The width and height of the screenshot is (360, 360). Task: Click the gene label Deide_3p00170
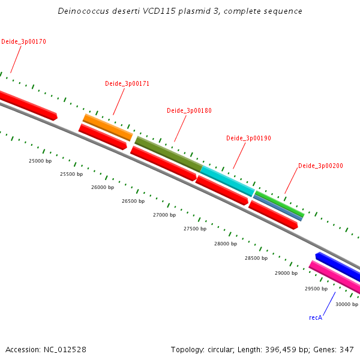(23, 42)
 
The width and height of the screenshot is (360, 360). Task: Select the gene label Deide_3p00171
(127, 84)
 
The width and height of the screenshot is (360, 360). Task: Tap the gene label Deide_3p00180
(189, 111)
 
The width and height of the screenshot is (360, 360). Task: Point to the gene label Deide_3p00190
(248, 139)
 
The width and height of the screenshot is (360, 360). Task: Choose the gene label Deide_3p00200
(320, 166)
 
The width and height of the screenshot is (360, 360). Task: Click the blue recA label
(316, 317)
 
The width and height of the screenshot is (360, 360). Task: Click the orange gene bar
(107, 127)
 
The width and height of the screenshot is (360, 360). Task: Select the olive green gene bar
(169, 154)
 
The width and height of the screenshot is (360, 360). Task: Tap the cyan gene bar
(227, 181)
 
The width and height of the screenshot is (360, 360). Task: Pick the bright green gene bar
(280, 203)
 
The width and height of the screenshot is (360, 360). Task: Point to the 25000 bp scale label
(40, 161)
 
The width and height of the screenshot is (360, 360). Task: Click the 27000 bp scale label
(164, 215)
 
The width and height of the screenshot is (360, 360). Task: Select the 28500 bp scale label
(256, 258)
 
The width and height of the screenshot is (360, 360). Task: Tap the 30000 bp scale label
(347, 304)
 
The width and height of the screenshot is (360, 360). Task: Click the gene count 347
(347, 349)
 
